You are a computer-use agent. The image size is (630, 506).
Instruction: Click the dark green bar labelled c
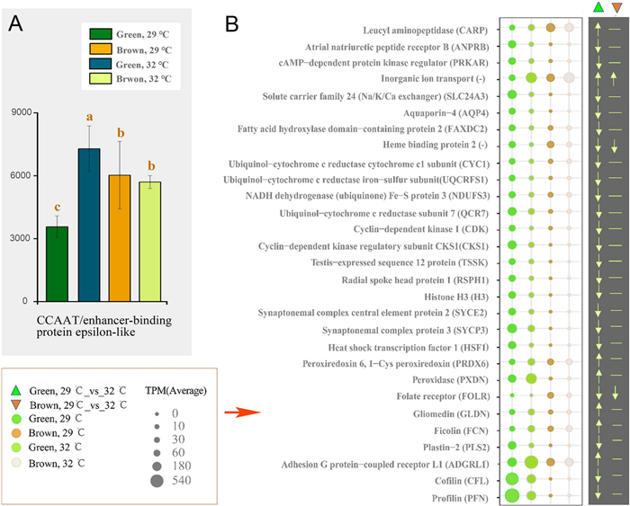57,263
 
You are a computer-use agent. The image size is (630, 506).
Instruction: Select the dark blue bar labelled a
89,225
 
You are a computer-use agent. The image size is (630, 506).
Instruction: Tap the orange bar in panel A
120,238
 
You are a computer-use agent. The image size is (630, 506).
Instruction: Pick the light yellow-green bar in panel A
150,242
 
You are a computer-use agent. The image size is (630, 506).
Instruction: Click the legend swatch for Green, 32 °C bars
101,64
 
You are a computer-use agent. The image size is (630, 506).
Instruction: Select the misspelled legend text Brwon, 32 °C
144,79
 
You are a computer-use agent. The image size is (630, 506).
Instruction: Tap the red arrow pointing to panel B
242,413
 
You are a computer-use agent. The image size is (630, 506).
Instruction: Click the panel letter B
232,24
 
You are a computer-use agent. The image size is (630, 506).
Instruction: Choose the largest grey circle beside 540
157,481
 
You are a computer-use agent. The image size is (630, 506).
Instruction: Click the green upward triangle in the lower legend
15,390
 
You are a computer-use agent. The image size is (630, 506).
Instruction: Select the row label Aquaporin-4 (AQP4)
446,113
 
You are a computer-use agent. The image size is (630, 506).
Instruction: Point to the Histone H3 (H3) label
456,297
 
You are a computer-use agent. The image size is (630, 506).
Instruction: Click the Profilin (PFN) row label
460,499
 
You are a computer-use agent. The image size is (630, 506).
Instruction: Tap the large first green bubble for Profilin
512,495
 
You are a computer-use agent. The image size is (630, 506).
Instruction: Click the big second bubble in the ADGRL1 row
532,462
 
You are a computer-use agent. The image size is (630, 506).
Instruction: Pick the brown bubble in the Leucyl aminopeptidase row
551,28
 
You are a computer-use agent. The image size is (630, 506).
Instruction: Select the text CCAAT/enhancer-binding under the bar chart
104,321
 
